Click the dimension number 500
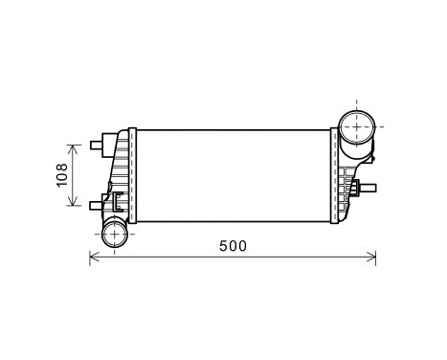(x=233, y=245)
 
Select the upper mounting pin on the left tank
(x=97, y=146)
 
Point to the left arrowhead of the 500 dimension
(x=94, y=257)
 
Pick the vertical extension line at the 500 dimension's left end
(x=89, y=244)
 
